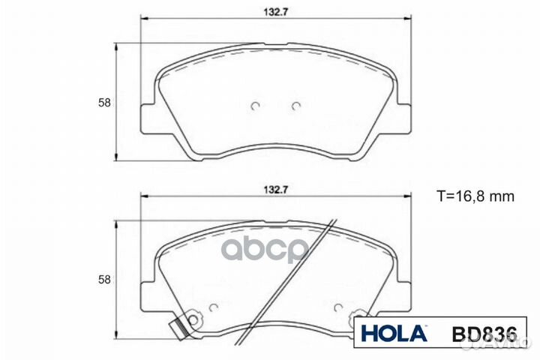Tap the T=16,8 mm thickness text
pos(475,197)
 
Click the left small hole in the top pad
pos(255,105)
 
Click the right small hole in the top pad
pos(295,105)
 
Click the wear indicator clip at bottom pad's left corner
pos(178,328)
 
